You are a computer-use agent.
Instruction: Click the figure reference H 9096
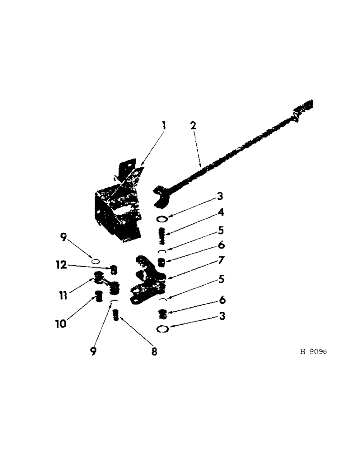(313, 352)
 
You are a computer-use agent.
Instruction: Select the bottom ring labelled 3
(163, 329)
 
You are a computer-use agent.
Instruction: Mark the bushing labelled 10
(98, 295)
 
